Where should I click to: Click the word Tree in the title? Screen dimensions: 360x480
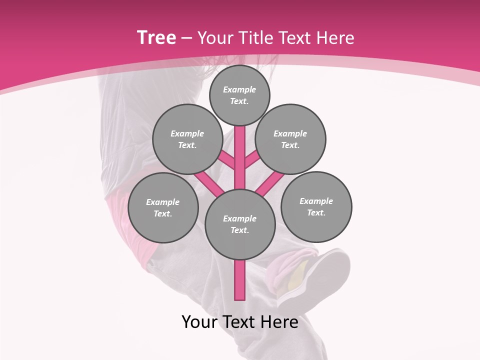pos(156,38)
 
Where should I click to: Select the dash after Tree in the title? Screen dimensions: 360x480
pos(186,38)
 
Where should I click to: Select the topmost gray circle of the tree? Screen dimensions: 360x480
pos(239,95)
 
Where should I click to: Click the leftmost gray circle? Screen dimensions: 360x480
pos(163,207)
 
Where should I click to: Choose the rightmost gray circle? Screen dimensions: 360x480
pos(316,206)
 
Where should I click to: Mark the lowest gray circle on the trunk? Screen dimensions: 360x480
pos(240,224)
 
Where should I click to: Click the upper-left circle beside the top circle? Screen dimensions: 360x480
pos(187,139)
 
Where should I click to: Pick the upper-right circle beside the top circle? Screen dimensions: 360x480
pos(290,139)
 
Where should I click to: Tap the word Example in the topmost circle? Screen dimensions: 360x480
pos(239,89)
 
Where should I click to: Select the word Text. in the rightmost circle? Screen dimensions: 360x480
pos(316,212)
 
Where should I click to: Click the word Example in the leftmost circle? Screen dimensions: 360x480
pos(162,202)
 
